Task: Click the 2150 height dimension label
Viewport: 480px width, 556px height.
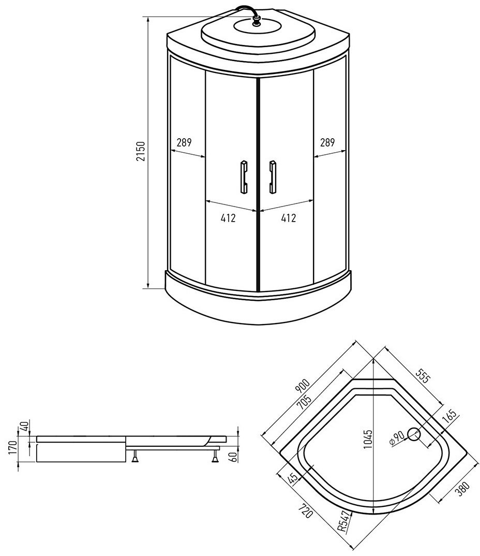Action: [141, 152]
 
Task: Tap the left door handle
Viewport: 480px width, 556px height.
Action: [244, 177]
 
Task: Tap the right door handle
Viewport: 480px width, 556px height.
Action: [273, 177]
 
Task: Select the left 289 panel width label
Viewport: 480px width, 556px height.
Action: [184, 142]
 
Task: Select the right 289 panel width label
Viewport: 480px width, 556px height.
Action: [327, 142]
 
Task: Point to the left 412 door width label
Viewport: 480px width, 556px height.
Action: [228, 218]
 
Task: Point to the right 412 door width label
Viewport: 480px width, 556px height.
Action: [288, 218]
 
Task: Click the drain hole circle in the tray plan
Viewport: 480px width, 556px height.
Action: [414, 434]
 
